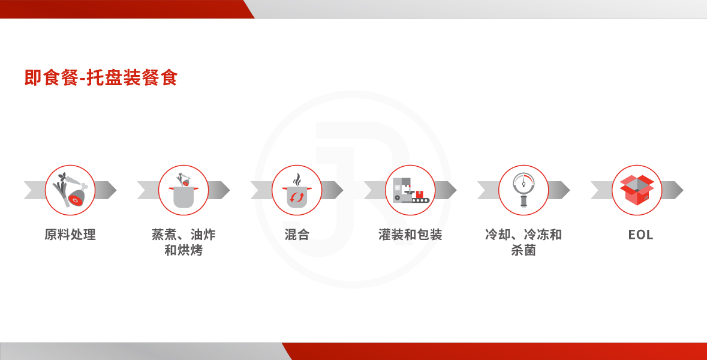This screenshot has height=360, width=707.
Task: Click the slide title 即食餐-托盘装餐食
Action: [x=101, y=77]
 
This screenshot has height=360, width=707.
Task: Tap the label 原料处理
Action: [x=70, y=235]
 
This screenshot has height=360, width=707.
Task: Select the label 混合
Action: [x=297, y=235]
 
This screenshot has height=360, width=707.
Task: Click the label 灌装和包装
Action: [x=410, y=235]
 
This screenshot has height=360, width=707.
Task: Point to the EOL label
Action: [x=640, y=235]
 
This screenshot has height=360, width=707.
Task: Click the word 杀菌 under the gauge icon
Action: [x=524, y=250]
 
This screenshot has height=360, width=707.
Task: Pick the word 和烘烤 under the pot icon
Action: [x=183, y=250]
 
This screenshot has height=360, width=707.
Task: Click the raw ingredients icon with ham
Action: [x=70, y=190]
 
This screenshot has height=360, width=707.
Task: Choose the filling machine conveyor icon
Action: [x=410, y=190]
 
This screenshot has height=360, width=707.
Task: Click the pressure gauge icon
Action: [x=524, y=190]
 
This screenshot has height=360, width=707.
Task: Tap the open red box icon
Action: [x=637, y=190]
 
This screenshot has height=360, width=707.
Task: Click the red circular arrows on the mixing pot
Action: [x=297, y=197]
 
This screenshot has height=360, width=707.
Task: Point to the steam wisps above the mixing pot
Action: [x=297, y=179]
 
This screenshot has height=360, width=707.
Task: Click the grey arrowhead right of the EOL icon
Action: [x=673, y=190]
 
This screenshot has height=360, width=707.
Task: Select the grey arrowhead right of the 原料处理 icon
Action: [x=106, y=190]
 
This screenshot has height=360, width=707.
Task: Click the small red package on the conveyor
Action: [x=420, y=194]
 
